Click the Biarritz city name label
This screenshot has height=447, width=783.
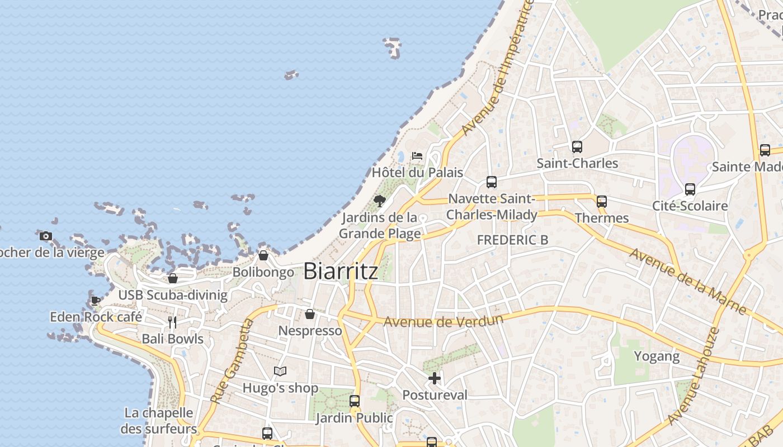tap(341, 272)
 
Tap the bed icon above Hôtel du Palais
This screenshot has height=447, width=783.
tap(417, 155)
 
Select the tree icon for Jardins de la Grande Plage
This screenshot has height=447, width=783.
tap(380, 201)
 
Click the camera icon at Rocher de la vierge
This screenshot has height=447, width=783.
tap(46, 236)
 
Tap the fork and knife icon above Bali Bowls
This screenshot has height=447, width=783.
tap(172, 322)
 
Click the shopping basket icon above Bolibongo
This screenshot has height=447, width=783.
tap(263, 255)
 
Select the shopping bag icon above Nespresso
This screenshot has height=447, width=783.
tap(310, 314)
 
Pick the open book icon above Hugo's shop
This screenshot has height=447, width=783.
tap(280, 371)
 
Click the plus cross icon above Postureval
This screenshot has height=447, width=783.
tap(435, 378)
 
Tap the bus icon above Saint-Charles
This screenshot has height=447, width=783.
tap(577, 146)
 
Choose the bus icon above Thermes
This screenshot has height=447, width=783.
tap(602, 201)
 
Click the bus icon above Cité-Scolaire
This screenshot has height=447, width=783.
tap(690, 189)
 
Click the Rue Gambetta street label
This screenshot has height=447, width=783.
tap(231, 361)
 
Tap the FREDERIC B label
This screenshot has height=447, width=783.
tap(512, 240)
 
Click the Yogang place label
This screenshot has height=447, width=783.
tap(657, 356)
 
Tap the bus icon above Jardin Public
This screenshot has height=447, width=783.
tap(355, 401)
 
